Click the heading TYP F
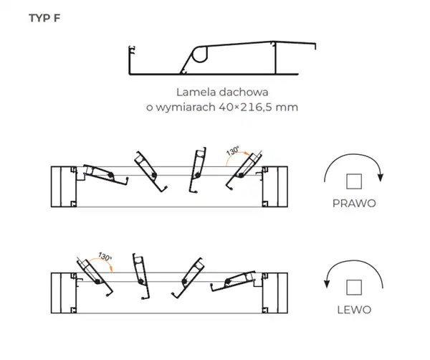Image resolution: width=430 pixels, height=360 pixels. click(44, 19)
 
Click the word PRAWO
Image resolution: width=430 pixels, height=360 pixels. click(354, 203)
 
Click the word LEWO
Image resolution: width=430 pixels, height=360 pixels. click(353, 311)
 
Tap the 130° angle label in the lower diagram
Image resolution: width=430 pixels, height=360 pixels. click(104, 257)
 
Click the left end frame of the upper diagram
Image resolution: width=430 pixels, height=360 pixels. click(64, 186)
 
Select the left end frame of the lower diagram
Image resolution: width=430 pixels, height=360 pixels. click(64, 293)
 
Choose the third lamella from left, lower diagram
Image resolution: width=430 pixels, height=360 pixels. click(189, 276)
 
